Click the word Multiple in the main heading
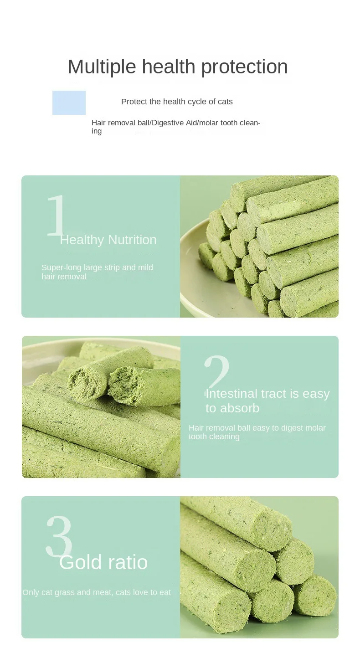pos(102,67)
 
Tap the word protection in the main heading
pos(244,67)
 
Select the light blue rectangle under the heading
pos(69,103)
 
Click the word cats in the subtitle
pos(225,102)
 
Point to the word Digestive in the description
pos(168,123)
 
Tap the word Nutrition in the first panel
pos(132,240)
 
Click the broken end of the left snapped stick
pos(86,382)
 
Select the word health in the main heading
pos(169,67)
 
